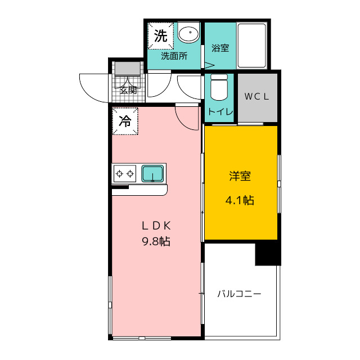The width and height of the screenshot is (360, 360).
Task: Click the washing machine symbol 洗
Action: [x=160, y=36]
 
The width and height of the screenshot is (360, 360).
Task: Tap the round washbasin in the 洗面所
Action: [x=188, y=33]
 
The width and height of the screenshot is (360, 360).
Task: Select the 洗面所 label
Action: [x=174, y=56]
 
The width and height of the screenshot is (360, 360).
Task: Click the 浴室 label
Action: [x=220, y=48]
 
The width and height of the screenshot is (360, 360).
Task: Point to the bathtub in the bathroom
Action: [x=251, y=46]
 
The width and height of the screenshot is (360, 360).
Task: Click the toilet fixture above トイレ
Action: [x=219, y=87]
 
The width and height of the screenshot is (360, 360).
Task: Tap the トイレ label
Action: [x=220, y=111]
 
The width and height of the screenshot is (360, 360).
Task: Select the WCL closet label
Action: [x=256, y=96]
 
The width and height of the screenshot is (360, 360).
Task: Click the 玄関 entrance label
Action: [x=128, y=90]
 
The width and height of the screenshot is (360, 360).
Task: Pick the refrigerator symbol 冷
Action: [x=125, y=121]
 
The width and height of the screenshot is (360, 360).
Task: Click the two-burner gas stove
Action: [x=124, y=174]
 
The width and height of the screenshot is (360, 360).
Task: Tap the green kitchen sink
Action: [x=152, y=174]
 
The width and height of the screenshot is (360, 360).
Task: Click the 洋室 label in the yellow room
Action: [x=240, y=176]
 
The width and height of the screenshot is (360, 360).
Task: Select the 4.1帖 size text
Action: [x=240, y=200]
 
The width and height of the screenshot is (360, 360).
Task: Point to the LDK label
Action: [x=156, y=226]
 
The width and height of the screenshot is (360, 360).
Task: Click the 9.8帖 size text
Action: [x=156, y=241]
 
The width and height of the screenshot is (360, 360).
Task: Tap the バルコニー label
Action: [x=239, y=294]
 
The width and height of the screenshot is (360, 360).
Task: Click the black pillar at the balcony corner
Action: [x=268, y=254]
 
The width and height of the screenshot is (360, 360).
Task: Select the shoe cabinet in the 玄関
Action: [x=128, y=69]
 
